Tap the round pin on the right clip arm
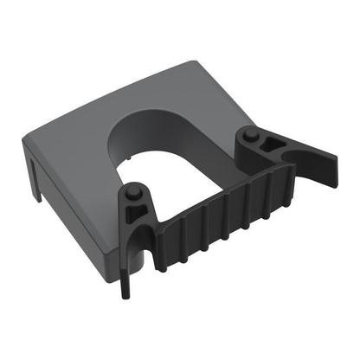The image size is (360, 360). [x=249, y=134]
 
